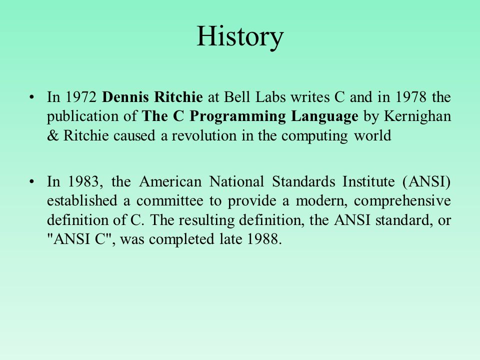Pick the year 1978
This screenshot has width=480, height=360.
411,97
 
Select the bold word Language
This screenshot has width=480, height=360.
324,117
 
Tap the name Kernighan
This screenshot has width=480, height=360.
417,117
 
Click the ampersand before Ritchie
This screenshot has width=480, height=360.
52,135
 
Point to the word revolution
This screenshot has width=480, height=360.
204,135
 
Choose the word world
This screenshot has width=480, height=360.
372,135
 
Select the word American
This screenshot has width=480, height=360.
170,181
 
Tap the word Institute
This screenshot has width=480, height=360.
368,181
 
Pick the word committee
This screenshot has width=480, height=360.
169,201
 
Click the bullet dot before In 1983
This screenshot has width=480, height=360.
31,182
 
